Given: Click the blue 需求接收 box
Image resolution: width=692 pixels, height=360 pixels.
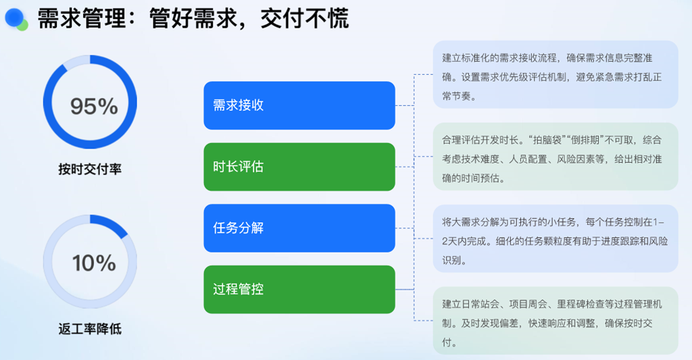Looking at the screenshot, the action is (x=299, y=105).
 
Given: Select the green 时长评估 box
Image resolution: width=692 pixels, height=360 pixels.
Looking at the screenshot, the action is (x=299, y=167).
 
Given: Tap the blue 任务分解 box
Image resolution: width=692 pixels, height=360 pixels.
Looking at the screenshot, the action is (x=299, y=228).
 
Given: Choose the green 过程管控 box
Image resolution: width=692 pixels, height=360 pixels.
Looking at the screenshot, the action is (x=299, y=289).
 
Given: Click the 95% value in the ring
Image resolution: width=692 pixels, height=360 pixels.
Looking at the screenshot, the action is (x=94, y=106).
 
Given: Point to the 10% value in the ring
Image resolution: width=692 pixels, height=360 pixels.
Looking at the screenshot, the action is (x=94, y=263).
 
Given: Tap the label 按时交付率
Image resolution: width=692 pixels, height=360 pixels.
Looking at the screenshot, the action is (x=90, y=169).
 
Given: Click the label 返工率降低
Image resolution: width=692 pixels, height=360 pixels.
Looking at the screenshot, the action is (x=90, y=329).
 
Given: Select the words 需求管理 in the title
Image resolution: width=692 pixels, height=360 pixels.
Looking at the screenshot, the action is (x=82, y=18).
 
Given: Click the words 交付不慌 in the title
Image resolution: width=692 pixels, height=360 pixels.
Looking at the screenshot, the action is (x=305, y=18).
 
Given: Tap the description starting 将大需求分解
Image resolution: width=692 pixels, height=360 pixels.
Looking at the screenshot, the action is (x=555, y=241).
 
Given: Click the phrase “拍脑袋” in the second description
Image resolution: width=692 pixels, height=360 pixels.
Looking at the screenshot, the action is (x=547, y=140).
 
